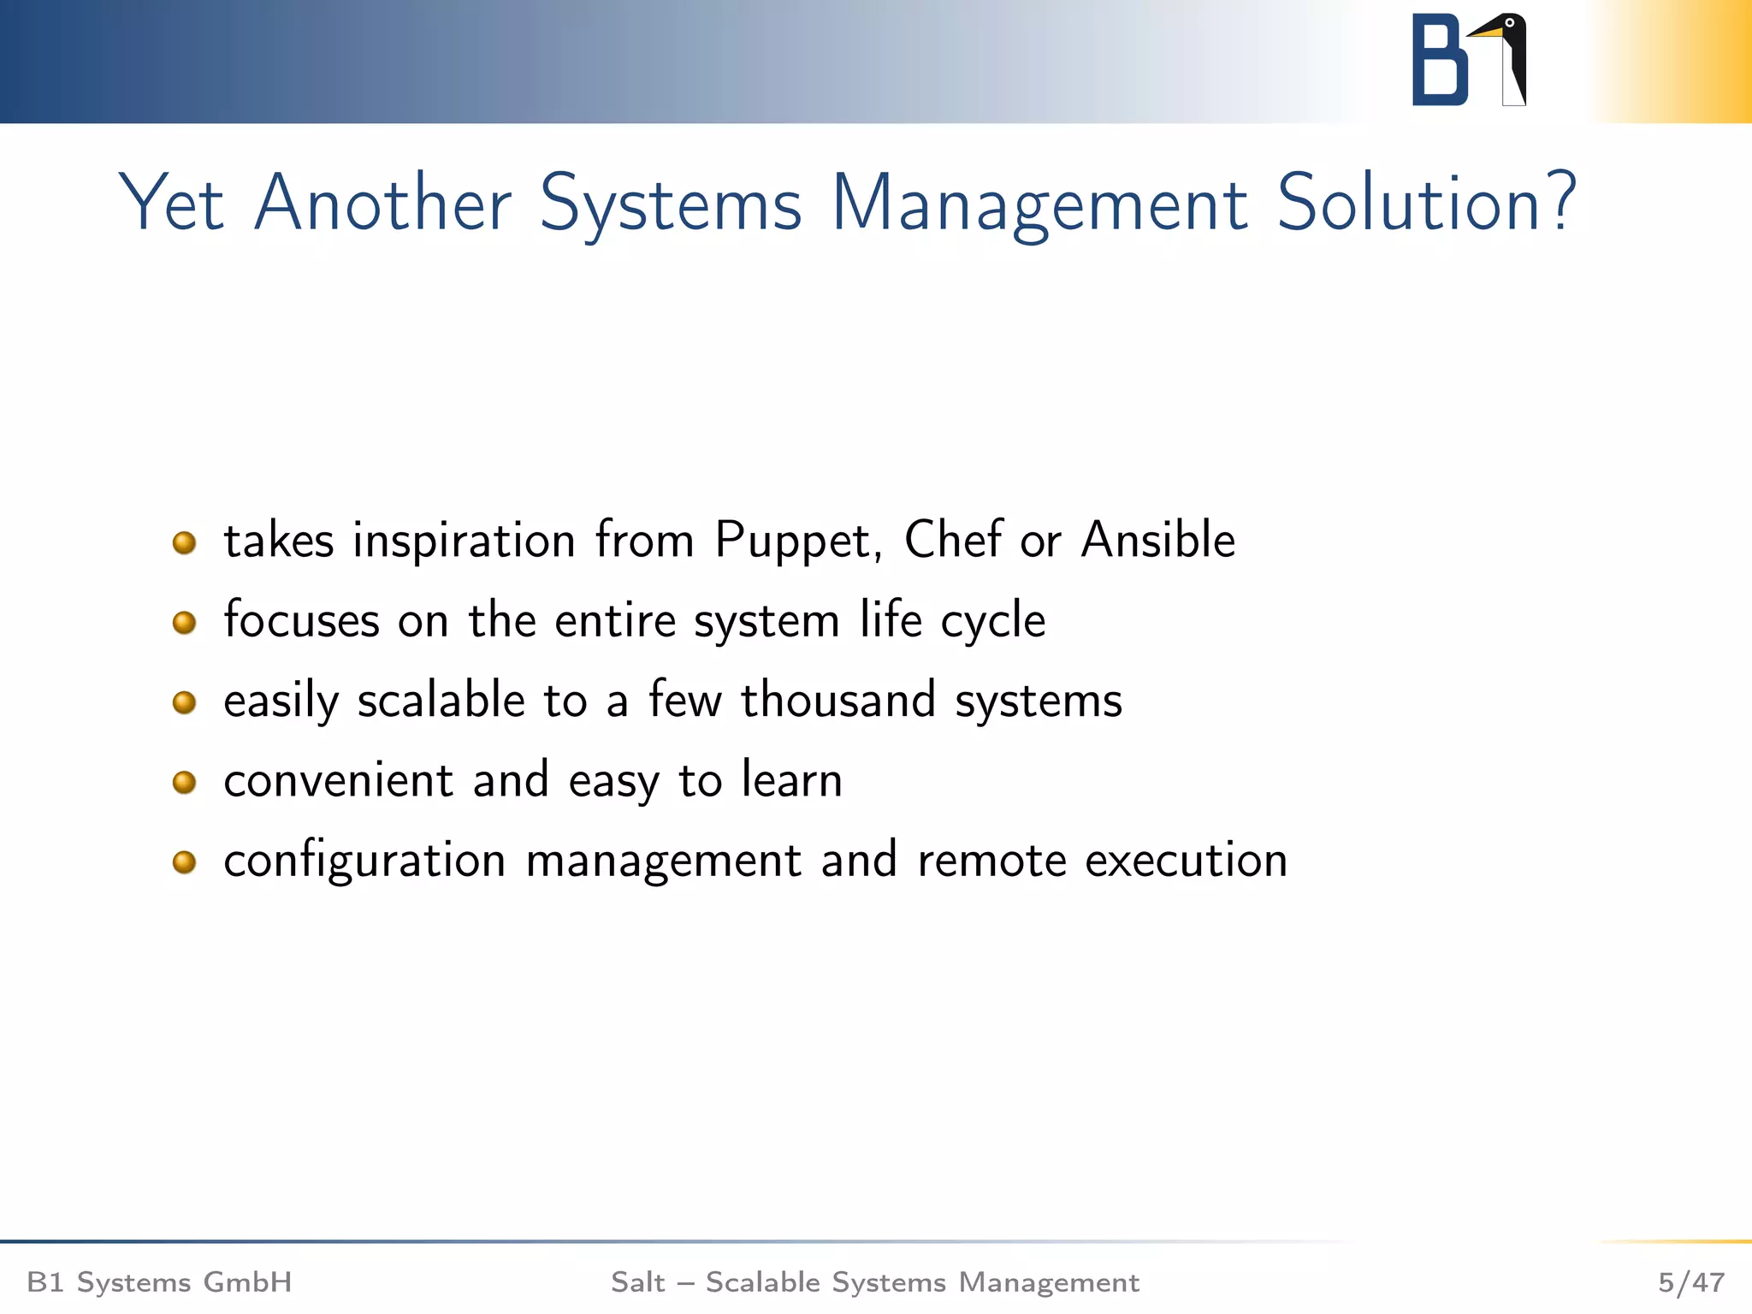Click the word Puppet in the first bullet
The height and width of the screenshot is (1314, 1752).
coord(792,542)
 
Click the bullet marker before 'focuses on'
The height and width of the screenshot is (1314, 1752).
coord(184,622)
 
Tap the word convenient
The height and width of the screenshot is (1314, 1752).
coord(338,780)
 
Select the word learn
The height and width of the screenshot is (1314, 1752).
coord(791,780)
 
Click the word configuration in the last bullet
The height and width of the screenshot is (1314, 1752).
coord(364,861)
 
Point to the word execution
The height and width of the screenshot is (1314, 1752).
coord(1186,861)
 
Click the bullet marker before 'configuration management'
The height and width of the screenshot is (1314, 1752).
coord(184,861)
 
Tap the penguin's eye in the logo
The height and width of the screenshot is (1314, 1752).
coord(1510,23)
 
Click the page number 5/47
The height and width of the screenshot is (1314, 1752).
coord(1690,1282)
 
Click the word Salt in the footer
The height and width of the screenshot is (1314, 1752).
coord(637,1282)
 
